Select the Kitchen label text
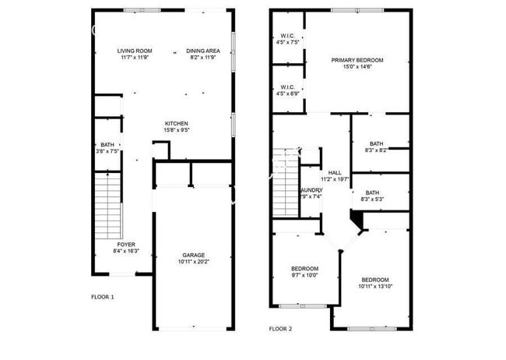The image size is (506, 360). point(177,123)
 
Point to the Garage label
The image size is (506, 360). point(194,255)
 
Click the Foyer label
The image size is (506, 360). point(104,245)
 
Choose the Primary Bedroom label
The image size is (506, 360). point(357,60)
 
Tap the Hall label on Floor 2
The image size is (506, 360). point(335,173)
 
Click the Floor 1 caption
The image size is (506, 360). point(103,297)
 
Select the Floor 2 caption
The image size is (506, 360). point(280,329)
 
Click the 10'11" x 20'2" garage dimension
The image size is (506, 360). point(194,262)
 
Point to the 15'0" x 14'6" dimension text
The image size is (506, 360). point(357,67)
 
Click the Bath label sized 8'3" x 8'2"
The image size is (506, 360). point(376,143)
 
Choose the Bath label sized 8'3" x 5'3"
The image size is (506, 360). point(373,192)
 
